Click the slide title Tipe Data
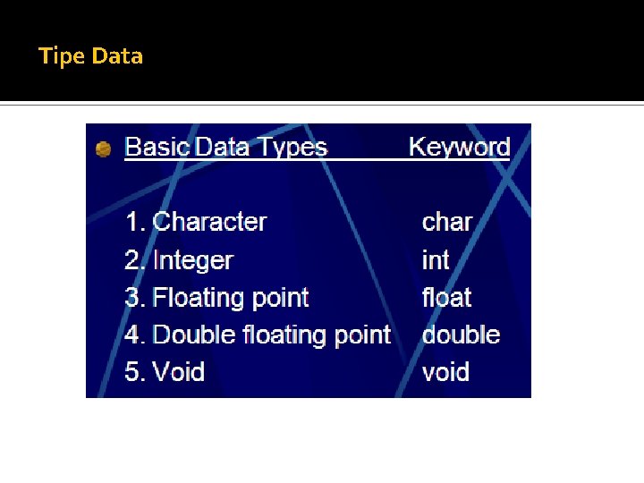(x=90, y=56)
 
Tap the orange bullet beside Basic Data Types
(x=104, y=149)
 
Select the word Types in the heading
(x=291, y=148)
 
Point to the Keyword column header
(x=459, y=148)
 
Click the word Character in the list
(x=210, y=222)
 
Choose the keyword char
(x=446, y=222)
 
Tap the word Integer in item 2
(x=193, y=260)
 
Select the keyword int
(x=436, y=260)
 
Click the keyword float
(x=446, y=298)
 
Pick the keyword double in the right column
(x=461, y=335)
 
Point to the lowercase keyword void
(x=445, y=372)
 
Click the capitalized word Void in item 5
(x=179, y=372)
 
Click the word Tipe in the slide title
(x=62, y=56)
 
